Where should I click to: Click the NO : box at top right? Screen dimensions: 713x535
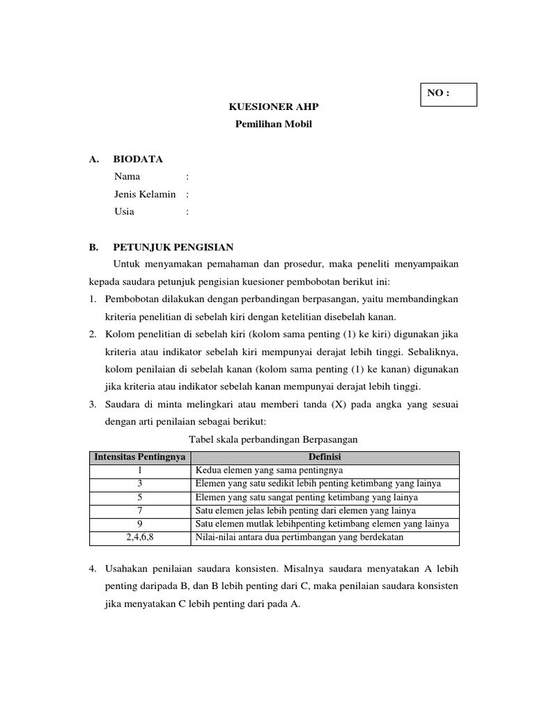tap(449, 95)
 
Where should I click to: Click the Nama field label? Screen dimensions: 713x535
tap(127, 177)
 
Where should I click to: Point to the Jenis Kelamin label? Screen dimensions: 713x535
tap(145, 194)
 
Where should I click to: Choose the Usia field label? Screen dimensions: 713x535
tap(125, 212)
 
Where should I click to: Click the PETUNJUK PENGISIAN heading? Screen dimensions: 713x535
tap(173, 247)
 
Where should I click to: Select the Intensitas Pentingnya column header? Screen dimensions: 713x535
tap(139, 457)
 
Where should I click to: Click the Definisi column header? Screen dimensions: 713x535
tap(325, 457)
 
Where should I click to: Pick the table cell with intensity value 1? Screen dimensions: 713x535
tap(139, 471)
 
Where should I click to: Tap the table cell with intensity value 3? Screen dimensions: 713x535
tap(139, 484)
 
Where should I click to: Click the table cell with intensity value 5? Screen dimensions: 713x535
tap(139, 497)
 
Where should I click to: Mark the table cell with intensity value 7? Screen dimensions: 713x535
tap(139, 510)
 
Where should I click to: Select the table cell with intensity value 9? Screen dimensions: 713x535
tap(139, 524)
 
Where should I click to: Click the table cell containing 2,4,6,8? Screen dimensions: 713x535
tap(139, 538)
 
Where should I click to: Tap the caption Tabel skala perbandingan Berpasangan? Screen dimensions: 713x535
tap(274, 439)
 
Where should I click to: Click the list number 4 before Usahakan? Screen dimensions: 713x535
tap(92, 568)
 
